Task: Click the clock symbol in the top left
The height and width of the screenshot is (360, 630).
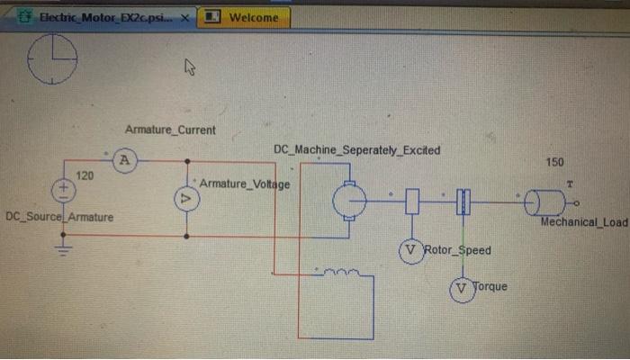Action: point(52,59)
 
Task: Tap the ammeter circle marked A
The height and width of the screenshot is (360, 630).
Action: point(126,161)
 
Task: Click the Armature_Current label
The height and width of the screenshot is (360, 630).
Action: point(170,130)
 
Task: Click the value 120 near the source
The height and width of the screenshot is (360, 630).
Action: point(84,175)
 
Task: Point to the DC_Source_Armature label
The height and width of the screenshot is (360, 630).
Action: point(59,218)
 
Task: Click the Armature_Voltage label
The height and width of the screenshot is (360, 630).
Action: point(245,184)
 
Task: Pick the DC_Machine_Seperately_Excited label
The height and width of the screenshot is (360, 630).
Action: point(356,149)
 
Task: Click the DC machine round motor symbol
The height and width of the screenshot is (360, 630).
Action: point(348,201)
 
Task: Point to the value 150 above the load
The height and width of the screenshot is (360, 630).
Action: point(554,162)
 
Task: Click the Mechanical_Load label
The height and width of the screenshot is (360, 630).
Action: point(582,221)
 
